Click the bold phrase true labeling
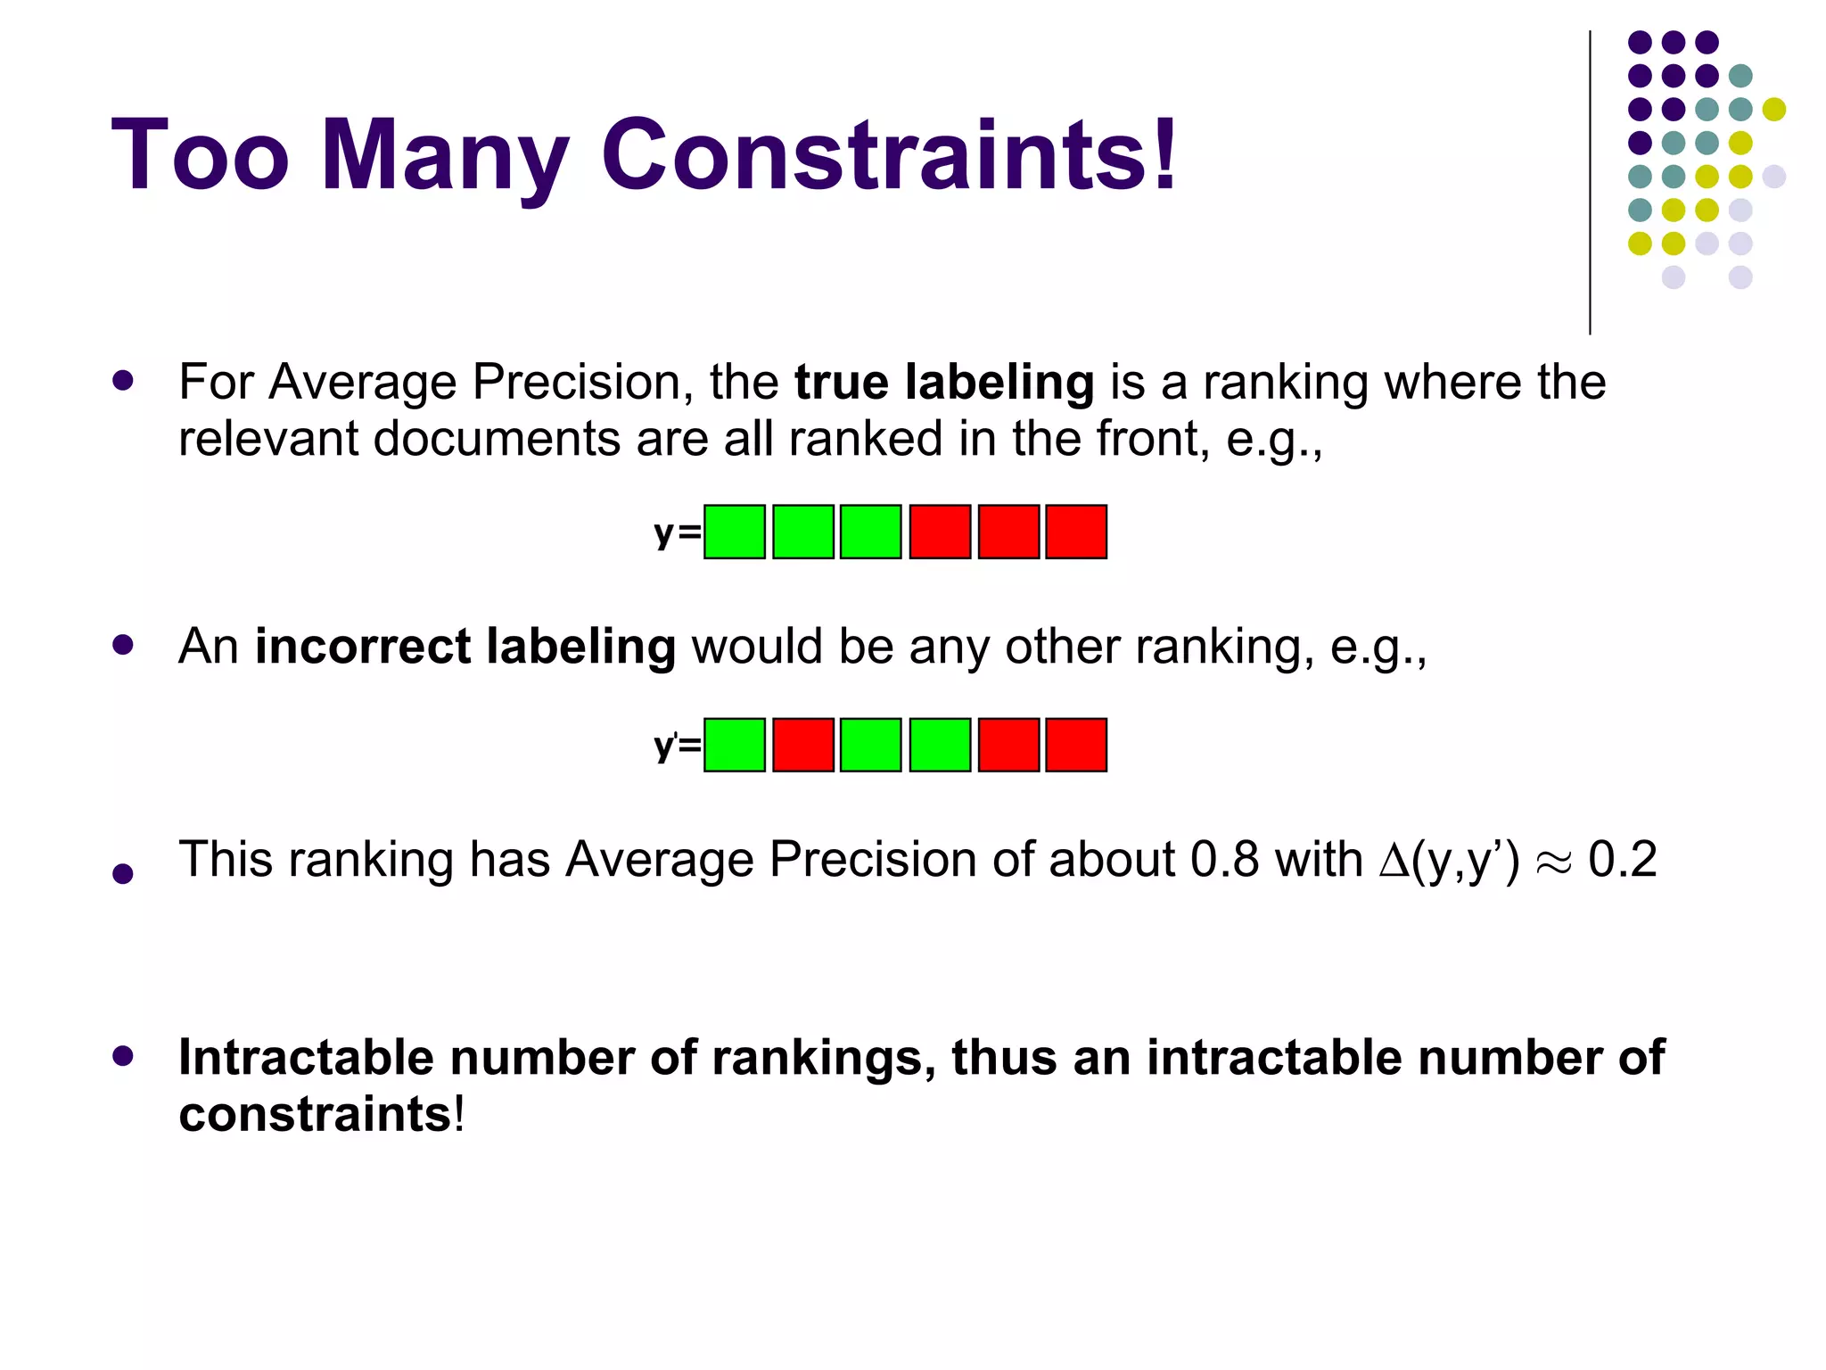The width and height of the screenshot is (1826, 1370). click(944, 382)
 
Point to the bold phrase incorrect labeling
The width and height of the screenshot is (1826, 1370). click(465, 646)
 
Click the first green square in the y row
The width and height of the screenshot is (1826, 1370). click(735, 532)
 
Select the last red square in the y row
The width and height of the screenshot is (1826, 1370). click(1076, 532)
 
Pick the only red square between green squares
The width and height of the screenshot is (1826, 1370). click(803, 745)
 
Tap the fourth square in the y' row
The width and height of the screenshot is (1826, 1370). click(940, 745)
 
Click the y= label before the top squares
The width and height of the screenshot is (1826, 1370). click(677, 533)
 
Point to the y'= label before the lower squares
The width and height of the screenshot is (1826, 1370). click(677, 746)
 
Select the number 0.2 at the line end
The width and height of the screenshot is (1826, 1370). click(1622, 860)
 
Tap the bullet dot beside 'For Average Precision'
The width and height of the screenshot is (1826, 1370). click(123, 382)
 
